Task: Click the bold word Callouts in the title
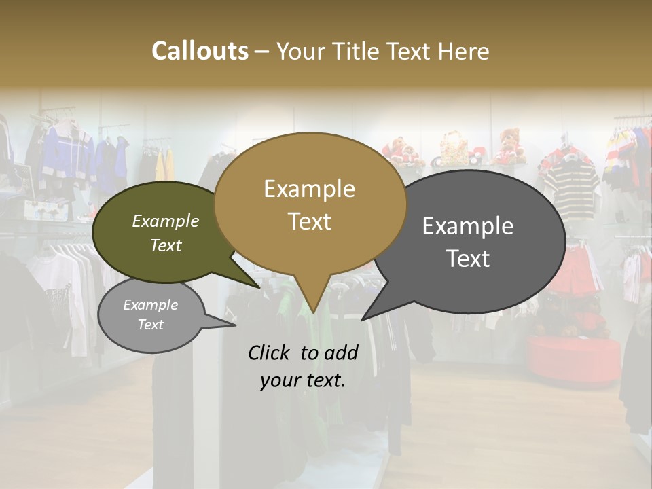(x=200, y=51)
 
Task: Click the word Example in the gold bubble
(x=309, y=189)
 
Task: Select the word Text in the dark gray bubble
(x=468, y=259)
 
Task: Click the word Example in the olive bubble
(x=165, y=221)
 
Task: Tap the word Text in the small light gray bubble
(x=150, y=325)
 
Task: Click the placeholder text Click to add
(x=303, y=352)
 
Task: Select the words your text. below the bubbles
(x=303, y=380)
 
